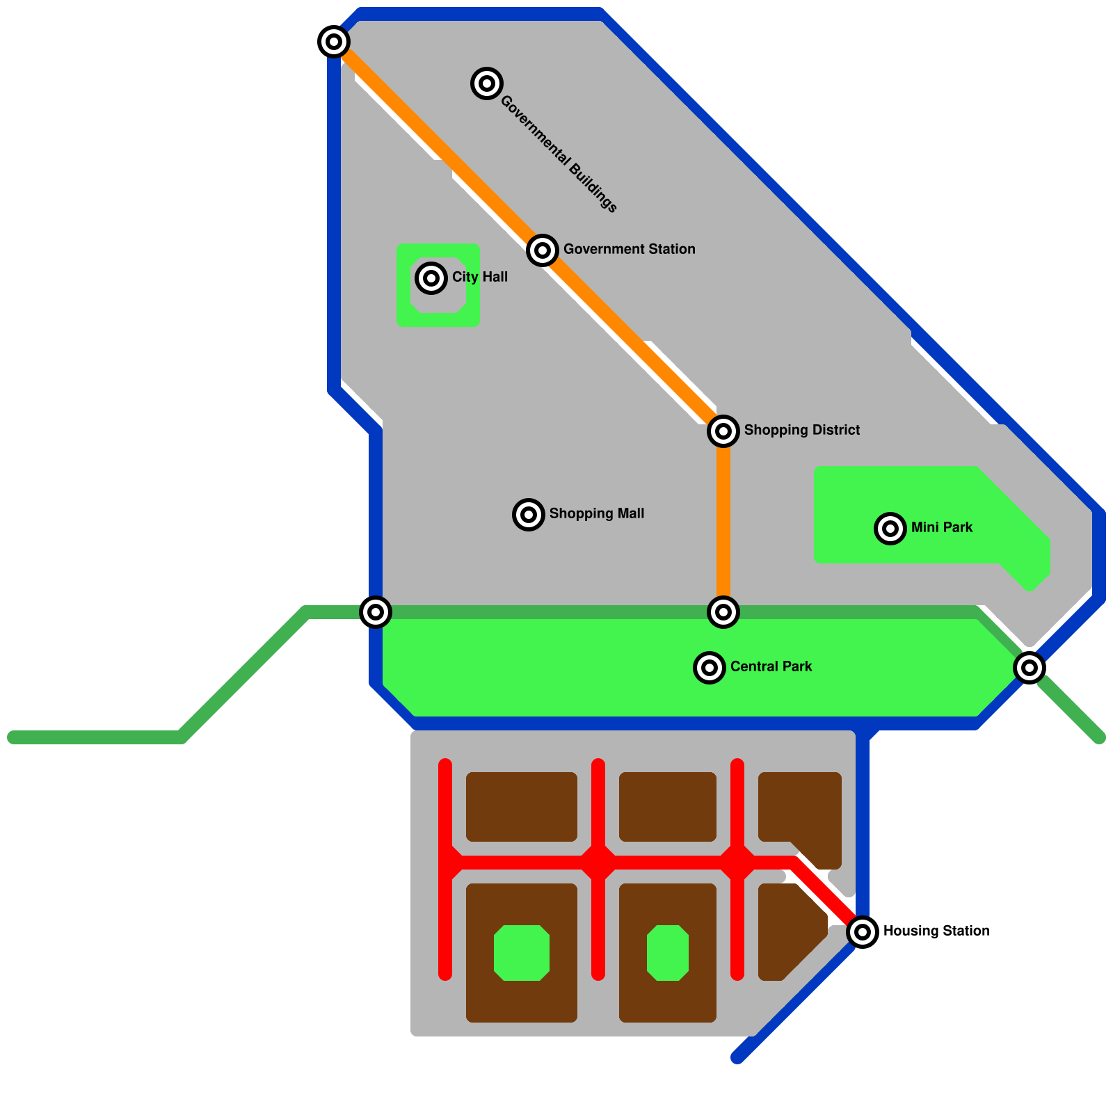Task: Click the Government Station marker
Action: (543, 250)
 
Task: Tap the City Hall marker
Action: (431, 278)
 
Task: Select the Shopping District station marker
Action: (723, 431)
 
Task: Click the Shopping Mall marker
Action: (529, 515)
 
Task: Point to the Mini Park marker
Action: (890, 529)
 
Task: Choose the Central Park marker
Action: (710, 668)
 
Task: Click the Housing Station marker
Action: (863, 931)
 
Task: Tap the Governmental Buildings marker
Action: (487, 83)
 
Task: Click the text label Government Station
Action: (629, 249)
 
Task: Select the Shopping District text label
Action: (801, 430)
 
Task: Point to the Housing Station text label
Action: (936, 931)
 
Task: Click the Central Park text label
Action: (771, 666)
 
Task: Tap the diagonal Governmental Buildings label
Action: (559, 154)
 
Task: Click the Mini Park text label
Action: (941, 527)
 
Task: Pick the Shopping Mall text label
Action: (596, 513)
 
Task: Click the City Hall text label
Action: (479, 277)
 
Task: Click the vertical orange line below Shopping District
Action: (723, 522)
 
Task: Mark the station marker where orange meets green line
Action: (723, 612)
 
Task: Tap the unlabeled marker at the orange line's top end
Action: (334, 42)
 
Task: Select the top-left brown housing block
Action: (522, 807)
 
